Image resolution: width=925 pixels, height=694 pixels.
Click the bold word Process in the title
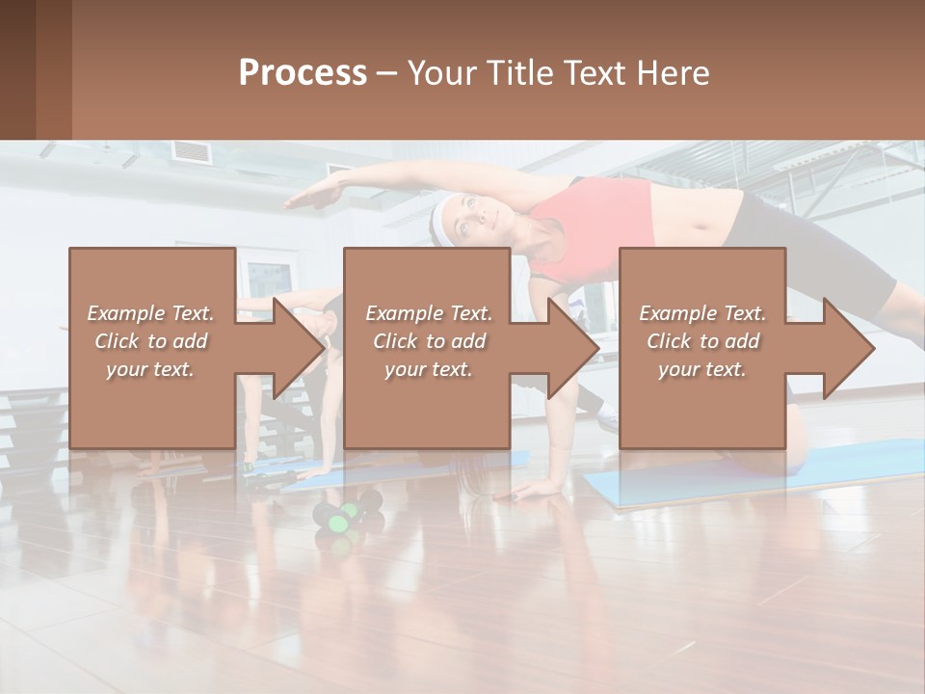(303, 73)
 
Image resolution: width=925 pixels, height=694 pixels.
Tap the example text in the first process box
(150, 341)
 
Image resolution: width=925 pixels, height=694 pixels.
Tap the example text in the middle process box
(428, 341)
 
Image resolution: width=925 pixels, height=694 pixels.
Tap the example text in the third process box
(702, 341)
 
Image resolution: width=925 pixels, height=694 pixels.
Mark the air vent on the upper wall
(191, 150)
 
